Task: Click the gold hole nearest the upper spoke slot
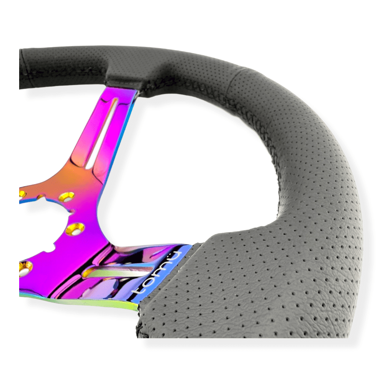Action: click(x=67, y=196)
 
